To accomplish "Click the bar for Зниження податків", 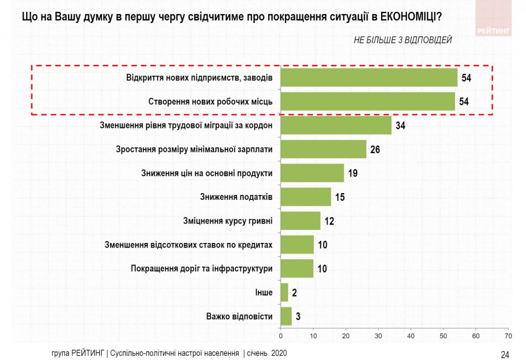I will (x=306, y=197).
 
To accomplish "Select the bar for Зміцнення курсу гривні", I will (x=300, y=221).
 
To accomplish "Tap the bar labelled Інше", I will (x=285, y=292).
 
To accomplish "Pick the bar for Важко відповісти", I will (x=286, y=316).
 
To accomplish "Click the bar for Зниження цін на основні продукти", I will (x=312, y=173).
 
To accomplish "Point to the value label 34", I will (x=400, y=126).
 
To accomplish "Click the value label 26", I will (x=375, y=149).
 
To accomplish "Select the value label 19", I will (x=352, y=173).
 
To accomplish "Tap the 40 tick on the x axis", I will (x=411, y=336).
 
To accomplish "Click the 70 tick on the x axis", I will (x=508, y=336).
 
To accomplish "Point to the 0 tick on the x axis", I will (x=281, y=336).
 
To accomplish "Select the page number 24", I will (x=505, y=354).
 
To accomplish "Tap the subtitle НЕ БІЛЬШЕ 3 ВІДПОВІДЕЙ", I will (x=402, y=41).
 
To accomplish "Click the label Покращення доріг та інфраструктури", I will (x=201, y=269).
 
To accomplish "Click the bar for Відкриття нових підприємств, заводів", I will (x=369, y=78).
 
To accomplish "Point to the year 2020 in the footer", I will (x=278, y=353).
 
